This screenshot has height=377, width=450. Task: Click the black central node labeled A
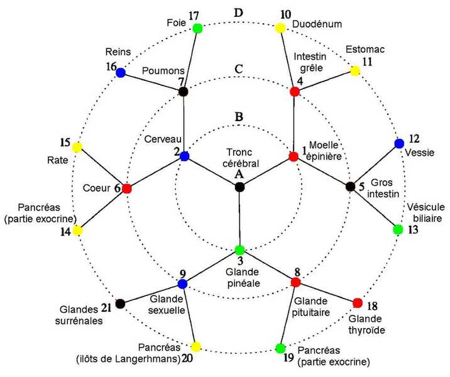239,187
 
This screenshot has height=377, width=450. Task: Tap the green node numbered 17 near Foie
197,28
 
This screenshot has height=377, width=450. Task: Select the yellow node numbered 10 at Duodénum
280,28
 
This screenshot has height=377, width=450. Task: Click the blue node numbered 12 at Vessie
399,143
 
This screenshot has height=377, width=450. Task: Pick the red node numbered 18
358,303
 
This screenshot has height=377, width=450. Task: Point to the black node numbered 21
121,303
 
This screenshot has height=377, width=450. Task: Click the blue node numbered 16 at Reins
121,73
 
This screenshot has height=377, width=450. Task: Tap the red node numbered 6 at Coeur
127,188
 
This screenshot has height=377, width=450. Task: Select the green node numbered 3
239,249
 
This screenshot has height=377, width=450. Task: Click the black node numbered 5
351,186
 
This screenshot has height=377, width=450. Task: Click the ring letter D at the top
239,13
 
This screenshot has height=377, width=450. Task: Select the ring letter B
239,117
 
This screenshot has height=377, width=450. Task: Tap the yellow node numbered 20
196,347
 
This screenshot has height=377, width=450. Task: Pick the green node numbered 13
397,229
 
